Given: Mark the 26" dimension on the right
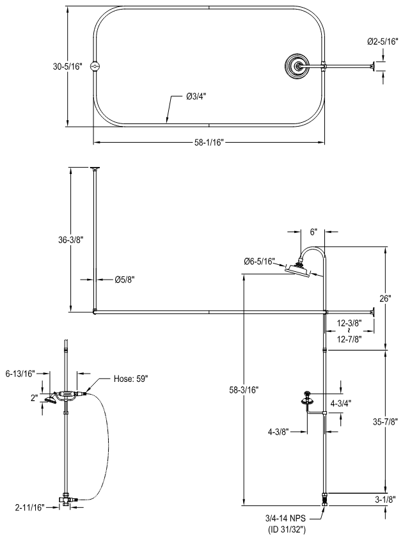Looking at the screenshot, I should [384, 298].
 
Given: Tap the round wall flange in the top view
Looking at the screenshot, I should [296, 65].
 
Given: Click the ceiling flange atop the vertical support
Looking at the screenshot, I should [95, 168].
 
